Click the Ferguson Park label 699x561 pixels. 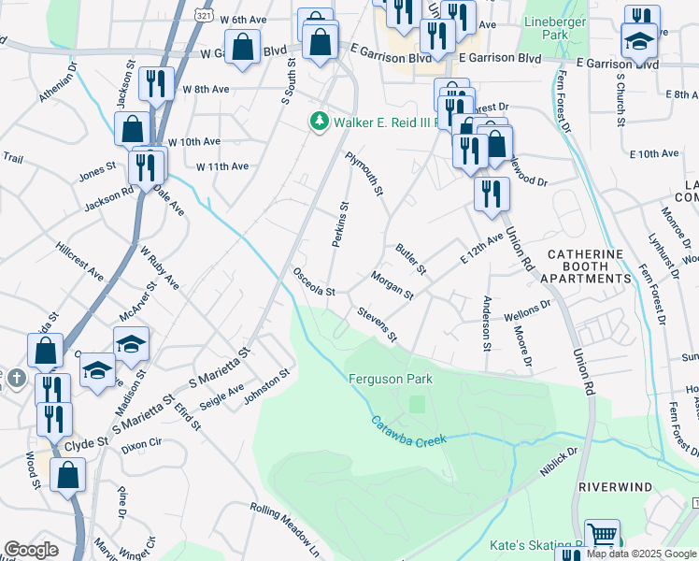390,379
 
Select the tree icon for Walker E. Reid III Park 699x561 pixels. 319,121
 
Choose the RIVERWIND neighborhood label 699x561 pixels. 614,488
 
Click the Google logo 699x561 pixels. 31,550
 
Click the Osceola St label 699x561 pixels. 314,281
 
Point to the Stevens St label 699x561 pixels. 376,323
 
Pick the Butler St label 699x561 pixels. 410,260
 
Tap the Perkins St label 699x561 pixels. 340,225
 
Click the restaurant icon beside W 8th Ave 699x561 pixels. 156,84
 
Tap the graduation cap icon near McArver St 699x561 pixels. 131,343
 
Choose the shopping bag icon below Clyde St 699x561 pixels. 68,474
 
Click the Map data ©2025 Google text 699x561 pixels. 641,554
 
